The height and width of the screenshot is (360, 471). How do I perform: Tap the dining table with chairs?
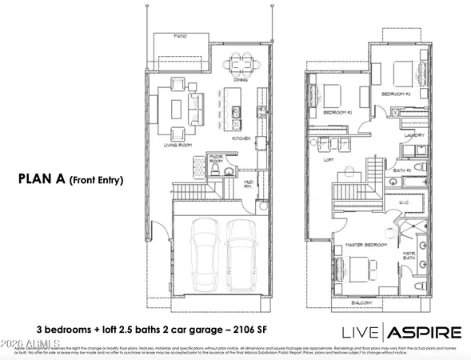tap(239, 64)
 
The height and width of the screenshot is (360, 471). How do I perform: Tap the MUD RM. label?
tap(249, 184)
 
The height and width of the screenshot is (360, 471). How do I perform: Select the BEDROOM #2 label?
tap(337, 113)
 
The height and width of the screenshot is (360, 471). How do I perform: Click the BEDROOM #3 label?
tap(395, 94)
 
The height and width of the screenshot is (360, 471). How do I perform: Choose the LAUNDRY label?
tap(413, 136)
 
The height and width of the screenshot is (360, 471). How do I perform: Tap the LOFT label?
tap(328, 159)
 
